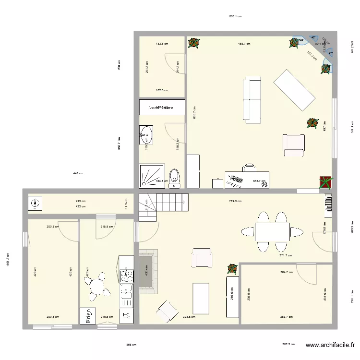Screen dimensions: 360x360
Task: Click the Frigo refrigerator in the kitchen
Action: pyautogui.click(x=89, y=317)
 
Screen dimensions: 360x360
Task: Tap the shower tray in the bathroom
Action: pyautogui.click(x=152, y=176)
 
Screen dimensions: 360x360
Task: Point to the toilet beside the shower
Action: pyautogui.click(x=175, y=176)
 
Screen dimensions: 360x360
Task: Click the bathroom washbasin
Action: pyautogui.click(x=147, y=135)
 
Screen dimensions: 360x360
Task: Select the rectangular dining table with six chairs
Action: pyautogui.click(x=272, y=232)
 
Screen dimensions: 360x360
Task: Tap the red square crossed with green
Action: pyautogui.click(x=326, y=182)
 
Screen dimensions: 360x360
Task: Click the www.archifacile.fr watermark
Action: pyautogui.click(x=331, y=345)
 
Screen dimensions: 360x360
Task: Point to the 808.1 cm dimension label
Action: pyautogui.click(x=235, y=16)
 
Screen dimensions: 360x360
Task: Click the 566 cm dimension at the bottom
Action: pyautogui.click(x=131, y=345)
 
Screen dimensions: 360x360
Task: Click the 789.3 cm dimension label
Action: pyautogui.click(x=235, y=202)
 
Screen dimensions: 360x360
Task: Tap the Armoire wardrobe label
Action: pyautogui.click(x=161, y=108)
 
